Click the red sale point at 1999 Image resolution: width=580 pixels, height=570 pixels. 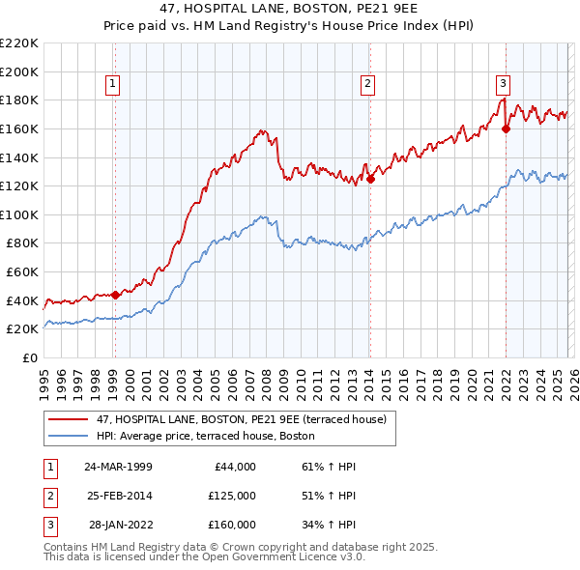[x=115, y=295]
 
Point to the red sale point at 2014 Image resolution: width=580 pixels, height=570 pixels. [x=370, y=178]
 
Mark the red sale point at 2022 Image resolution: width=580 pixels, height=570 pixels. [x=506, y=128]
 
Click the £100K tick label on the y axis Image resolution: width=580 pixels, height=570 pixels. [x=20, y=214]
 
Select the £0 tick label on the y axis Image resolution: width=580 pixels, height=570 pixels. [x=31, y=357]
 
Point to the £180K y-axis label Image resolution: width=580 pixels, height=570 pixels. [x=20, y=100]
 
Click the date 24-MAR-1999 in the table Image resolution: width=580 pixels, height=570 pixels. [x=117, y=467]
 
